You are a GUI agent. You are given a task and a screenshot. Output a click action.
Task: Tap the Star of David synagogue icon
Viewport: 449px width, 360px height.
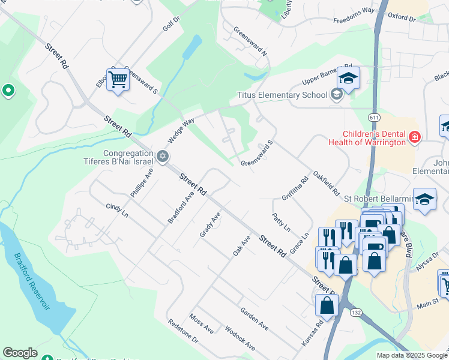click(161, 157)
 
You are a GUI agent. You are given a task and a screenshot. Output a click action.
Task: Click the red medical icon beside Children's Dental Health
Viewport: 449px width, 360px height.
click(414, 138)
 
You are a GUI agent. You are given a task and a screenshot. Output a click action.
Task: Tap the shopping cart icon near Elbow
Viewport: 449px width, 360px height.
click(118, 79)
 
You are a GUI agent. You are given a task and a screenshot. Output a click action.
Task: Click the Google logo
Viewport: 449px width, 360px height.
click(20, 353)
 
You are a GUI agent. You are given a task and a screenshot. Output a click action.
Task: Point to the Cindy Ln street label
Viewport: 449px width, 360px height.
click(117, 210)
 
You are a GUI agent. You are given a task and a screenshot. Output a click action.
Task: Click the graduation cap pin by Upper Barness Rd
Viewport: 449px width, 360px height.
click(348, 77)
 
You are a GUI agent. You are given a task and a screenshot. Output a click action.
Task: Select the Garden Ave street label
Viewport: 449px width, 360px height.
click(254, 319)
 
